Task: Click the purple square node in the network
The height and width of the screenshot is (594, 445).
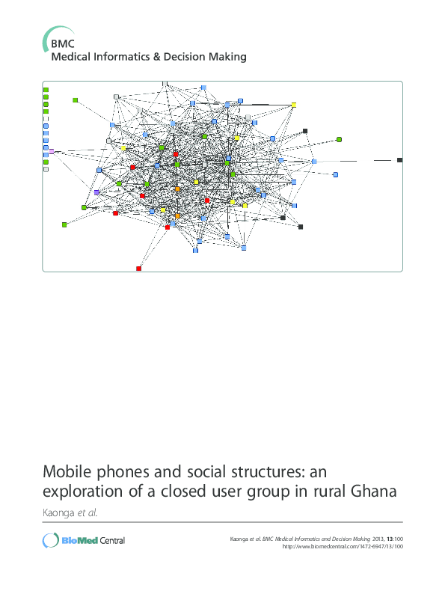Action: (96, 192)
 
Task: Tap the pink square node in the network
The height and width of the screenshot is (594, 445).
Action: (52, 151)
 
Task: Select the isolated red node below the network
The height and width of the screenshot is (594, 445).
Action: (138, 269)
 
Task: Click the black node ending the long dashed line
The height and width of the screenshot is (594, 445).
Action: (399, 160)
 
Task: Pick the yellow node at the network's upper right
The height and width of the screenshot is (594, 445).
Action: (293, 105)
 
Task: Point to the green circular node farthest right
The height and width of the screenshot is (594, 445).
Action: (339, 139)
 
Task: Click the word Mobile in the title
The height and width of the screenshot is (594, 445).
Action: (67, 472)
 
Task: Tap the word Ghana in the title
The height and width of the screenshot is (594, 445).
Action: (373, 492)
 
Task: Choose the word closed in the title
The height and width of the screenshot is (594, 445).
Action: (184, 492)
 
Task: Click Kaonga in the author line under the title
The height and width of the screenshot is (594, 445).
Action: (58, 513)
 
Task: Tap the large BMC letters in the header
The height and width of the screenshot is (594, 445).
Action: (63, 44)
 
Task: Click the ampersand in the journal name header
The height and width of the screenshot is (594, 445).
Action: (156, 57)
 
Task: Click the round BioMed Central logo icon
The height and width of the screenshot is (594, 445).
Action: (51, 540)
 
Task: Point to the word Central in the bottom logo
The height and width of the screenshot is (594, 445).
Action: (112, 541)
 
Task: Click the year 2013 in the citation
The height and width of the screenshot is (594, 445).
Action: (378, 539)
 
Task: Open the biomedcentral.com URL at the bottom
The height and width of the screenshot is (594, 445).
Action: (343, 546)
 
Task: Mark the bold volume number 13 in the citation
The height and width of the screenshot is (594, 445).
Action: (390, 539)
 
